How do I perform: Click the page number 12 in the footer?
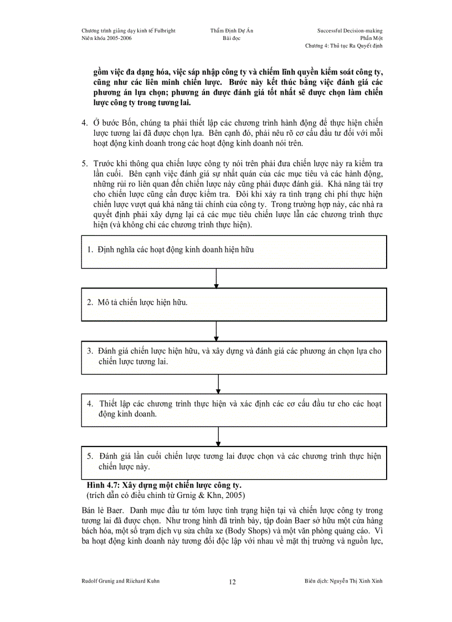pos(232,582)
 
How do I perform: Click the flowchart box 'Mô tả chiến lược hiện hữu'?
pos(232,304)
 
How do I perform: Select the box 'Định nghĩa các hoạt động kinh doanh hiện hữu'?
pos(232,250)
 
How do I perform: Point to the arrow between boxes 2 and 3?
pos(216,331)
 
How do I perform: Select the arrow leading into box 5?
pos(218,436)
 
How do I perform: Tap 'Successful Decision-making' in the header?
pos(350,30)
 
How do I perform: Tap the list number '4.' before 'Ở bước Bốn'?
pos(85,121)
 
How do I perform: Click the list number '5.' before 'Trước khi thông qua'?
pos(85,164)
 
